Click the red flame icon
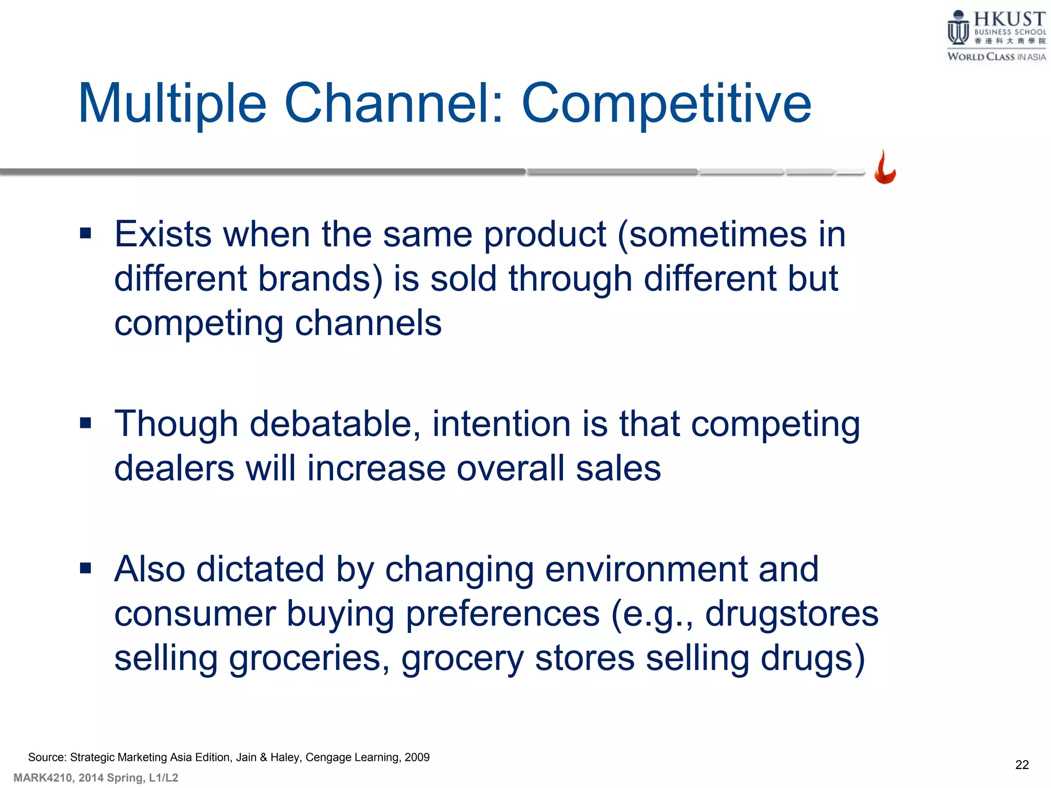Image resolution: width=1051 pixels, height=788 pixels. pyautogui.click(x=885, y=168)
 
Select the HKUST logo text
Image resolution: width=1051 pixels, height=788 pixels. pyautogui.click(x=1009, y=19)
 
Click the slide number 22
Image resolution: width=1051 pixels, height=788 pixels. pyautogui.click(x=1022, y=765)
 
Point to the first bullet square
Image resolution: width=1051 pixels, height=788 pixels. pyautogui.click(x=86, y=234)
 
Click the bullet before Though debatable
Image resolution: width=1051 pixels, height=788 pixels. pyautogui.click(x=86, y=423)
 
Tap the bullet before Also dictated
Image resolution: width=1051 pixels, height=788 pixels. pyautogui.click(x=86, y=568)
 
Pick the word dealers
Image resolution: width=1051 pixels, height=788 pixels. pyautogui.click(x=174, y=468)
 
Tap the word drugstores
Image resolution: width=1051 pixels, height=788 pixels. pyautogui.click(x=791, y=614)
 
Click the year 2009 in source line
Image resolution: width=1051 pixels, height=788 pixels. pyautogui.click(x=417, y=757)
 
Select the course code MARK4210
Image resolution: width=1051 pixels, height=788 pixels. pyautogui.click(x=43, y=778)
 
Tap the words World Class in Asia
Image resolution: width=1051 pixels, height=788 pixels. pyautogui.click(x=996, y=57)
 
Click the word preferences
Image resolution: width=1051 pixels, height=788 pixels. pyautogui.click(x=502, y=614)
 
